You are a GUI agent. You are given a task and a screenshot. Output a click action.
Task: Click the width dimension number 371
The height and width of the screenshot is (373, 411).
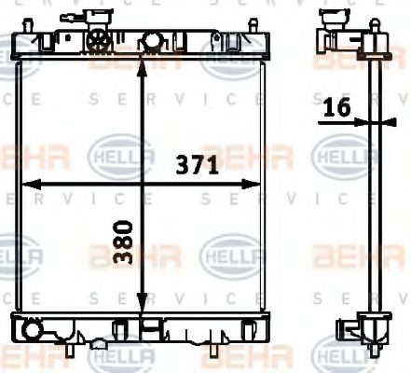pyautogui.click(x=198, y=166)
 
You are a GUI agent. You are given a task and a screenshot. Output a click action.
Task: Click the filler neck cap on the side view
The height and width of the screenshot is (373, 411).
pyautogui.click(x=331, y=19)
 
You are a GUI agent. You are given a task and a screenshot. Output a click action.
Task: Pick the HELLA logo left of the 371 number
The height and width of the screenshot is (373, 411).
pyautogui.click(x=119, y=155)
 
